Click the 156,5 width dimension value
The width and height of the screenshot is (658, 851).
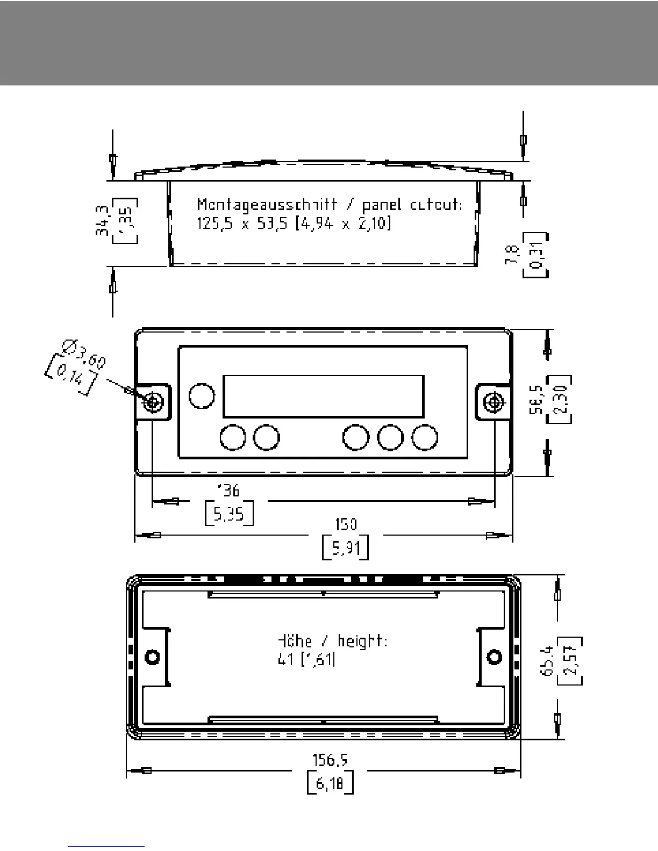(x=331, y=760)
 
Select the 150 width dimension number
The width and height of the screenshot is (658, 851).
(x=345, y=524)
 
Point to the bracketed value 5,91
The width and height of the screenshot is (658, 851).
(x=345, y=547)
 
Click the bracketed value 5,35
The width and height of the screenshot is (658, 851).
(x=229, y=514)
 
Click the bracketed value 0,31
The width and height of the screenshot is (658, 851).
(x=535, y=255)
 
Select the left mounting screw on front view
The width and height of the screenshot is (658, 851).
(x=153, y=402)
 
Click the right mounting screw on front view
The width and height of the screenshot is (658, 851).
(x=493, y=402)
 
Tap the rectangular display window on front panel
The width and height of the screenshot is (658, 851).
(x=323, y=396)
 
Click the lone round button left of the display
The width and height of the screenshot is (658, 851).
(x=202, y=396)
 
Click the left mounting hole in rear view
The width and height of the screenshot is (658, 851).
(x=153, y=657)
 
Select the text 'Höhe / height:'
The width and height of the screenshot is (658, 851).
(x=332, y=641)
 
